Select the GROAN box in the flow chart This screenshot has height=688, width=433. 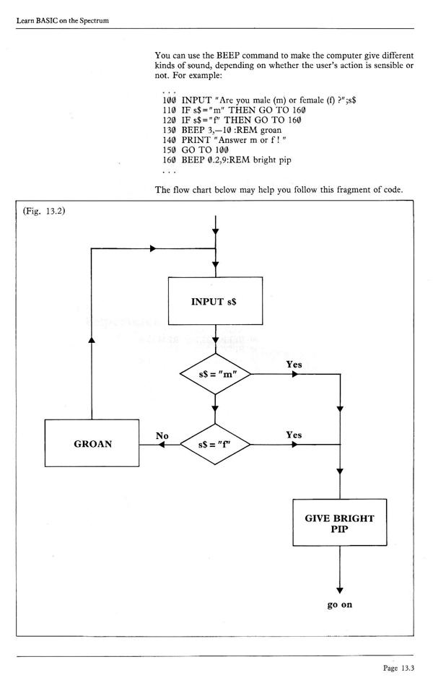[x=92, y=445]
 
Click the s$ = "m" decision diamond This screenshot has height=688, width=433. [x=215, y=375]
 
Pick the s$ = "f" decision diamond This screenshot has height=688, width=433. [x=215, y=445]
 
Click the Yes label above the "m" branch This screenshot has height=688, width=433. [x=294, y=365]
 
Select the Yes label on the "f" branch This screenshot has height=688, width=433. [x=294, y=435]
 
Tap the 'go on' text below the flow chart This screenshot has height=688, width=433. [x=338, y=604]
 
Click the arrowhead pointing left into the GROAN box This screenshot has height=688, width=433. [x=144, y=445]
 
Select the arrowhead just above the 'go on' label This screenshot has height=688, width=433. [x=338, y=588]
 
